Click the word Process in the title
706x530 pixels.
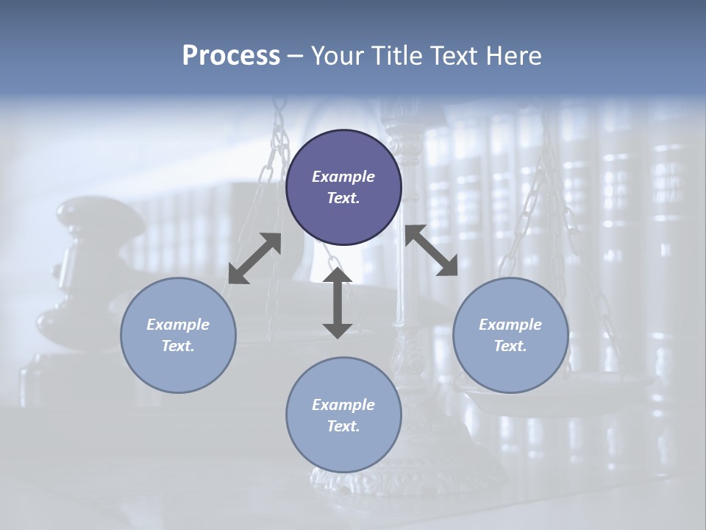[x=231, y=56]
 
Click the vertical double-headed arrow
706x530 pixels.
[x=338, y=303]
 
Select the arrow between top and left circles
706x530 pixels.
[x=254, y=258]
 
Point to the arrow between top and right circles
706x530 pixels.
[x=431, y=250]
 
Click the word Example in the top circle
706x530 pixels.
[x=343, y=177]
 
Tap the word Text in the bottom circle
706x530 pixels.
[x=342, y=426]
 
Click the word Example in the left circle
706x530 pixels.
[x=178, y=325]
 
